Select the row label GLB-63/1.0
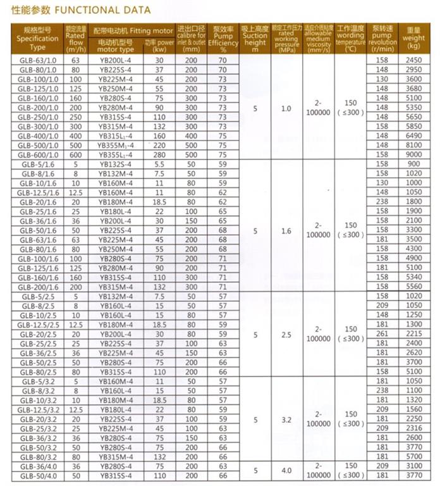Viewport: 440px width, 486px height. pyautogui.click(x=37, y=60)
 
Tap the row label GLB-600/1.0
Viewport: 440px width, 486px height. pyautogui.click(x=37, y=154)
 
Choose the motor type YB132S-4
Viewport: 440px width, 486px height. pyautogui.click(x=116, y=163)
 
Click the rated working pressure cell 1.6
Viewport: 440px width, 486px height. pyautogui.click(x=286, y=231)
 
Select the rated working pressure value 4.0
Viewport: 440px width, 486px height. pyautogui.click(x=286, y=470)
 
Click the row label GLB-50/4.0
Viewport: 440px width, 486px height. pyautogui.click(x=37, y=475)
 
